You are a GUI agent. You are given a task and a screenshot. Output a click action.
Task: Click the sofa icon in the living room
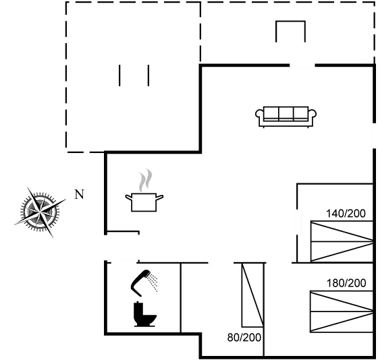coord(286,117)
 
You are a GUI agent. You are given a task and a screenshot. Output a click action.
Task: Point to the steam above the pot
coord(145,180)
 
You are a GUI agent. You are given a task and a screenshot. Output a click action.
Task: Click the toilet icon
coord(144,314)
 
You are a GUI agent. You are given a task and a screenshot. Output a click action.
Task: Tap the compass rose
coord(40,212)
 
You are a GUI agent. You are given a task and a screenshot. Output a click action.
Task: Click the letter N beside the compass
coord(80,194)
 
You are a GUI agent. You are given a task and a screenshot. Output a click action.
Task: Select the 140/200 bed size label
coord(346,213)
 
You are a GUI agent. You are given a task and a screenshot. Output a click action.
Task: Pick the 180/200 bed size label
coord(346,283)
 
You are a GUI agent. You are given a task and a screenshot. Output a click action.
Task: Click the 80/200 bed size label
coord(244,338)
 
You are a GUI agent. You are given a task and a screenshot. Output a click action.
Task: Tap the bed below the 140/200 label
coord(342,241)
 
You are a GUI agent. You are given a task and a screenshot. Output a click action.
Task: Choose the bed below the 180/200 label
coord(342,311)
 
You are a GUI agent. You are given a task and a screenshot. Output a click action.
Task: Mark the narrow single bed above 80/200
coord(252,295)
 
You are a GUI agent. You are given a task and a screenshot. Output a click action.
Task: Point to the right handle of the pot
coord(160,198)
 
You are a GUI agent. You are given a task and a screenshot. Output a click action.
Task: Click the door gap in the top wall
coord(302,65)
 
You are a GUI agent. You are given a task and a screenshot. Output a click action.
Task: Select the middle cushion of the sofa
coord(286,113)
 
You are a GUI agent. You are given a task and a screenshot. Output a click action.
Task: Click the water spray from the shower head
coord(153,281)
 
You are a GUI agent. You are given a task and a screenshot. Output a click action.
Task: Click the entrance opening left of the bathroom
coord(105,247)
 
